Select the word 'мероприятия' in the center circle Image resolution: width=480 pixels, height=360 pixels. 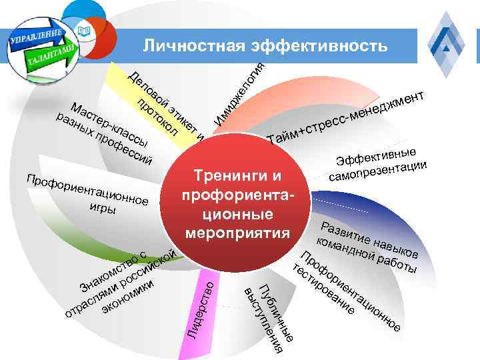[238, 234]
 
